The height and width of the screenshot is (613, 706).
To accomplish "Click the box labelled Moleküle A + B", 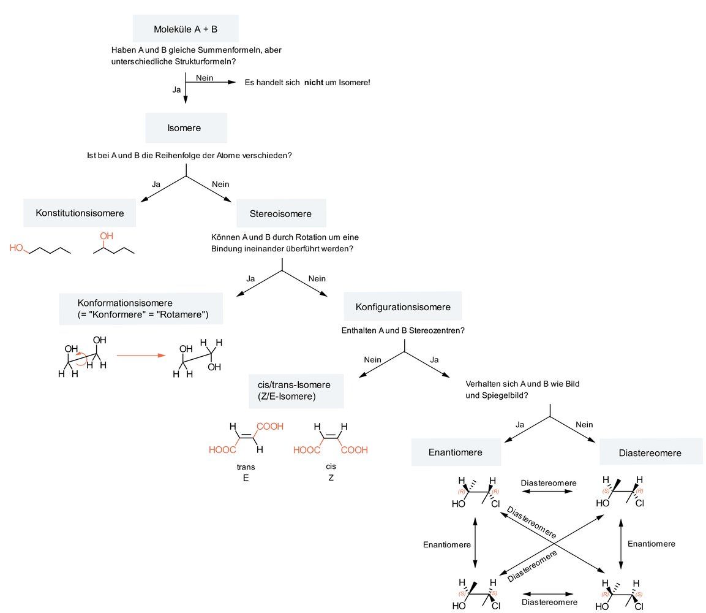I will point(186,29).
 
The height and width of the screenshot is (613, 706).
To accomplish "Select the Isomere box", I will point(186,128).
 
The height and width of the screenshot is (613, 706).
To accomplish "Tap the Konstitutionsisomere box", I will point(80,213).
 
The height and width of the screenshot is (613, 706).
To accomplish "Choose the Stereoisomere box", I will point(280,213).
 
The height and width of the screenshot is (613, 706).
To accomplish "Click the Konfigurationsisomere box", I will point(402,306).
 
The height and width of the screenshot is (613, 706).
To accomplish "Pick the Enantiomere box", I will point(456,452).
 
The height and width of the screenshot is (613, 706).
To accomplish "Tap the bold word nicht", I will point(314,82).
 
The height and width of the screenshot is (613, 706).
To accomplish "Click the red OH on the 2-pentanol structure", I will point(107,235).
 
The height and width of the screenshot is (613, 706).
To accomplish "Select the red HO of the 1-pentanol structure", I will point(17,248).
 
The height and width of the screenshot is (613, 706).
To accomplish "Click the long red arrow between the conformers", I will point(141,355).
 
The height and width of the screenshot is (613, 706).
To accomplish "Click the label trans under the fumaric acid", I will point(246,466).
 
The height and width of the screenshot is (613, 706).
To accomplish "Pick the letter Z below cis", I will point(331,477).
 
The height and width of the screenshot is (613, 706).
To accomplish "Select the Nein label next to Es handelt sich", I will point(205,77).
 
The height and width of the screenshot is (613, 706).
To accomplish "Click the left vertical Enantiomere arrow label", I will point(447,544).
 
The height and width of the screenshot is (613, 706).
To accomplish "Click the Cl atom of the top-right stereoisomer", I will point(639,504).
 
